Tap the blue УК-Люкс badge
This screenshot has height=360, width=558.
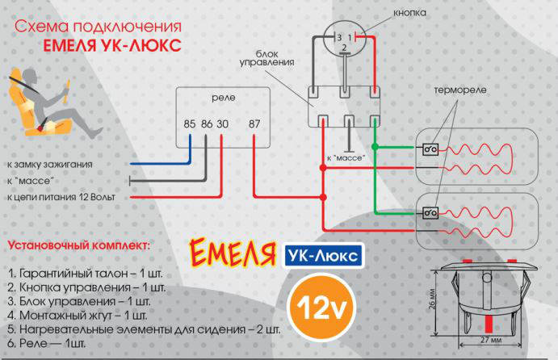pyautogui.click(x=323, y=256)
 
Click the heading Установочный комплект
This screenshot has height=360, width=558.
pyautogui.click(x=78, y=242)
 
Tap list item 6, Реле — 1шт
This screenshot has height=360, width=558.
pyautogui.click(x=49, y=344)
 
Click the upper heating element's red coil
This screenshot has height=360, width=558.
pyautogui.click(x=480, y=152)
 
